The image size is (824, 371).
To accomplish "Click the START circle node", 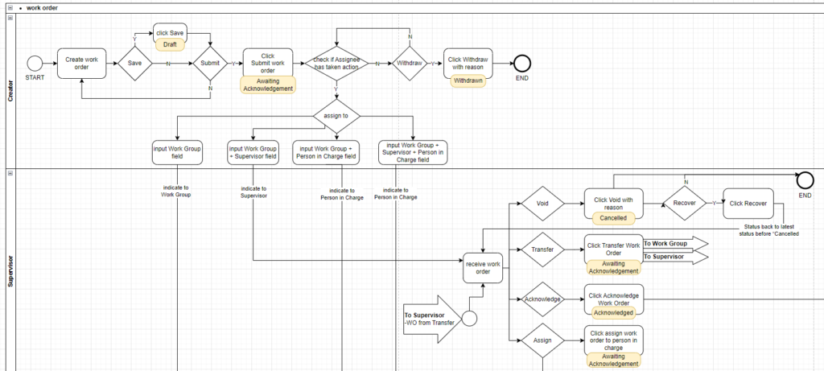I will click(35, 63).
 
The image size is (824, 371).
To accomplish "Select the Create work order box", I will click(81, 63).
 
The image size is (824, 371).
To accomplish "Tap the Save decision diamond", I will click(135, 63).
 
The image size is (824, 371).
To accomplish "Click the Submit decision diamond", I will click(210, 63).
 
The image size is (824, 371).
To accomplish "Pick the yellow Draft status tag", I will click(171, 44).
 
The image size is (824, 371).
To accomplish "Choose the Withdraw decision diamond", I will click(410, 63).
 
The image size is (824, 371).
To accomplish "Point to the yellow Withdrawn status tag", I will click(468, 81).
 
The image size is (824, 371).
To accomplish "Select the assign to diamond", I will click(336, 115).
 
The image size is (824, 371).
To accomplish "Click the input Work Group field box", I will click(176, 152).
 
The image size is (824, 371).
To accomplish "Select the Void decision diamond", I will click(542, 204).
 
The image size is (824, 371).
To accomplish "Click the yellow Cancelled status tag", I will click(614, 218).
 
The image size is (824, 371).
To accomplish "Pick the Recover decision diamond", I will click(684, 204).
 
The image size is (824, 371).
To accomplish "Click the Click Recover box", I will click(748, 204).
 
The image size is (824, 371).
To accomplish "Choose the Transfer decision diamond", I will click(542, 250).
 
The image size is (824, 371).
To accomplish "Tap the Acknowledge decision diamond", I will click(542, 299).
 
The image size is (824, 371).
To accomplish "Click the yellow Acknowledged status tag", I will click(614, 312).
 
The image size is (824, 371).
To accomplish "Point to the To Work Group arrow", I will click(674, 243).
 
